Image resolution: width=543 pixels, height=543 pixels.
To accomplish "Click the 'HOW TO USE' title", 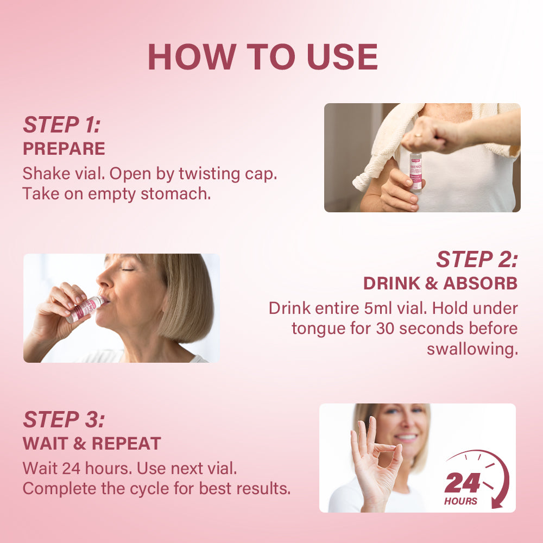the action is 263,57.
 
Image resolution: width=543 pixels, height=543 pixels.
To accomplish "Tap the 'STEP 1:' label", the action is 62,125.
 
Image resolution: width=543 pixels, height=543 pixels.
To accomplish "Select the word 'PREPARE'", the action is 64,149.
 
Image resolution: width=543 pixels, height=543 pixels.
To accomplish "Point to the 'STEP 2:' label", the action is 477,260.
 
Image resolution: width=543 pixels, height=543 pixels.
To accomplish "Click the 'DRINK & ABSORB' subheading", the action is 440,283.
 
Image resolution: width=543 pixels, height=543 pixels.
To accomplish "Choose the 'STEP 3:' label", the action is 64,419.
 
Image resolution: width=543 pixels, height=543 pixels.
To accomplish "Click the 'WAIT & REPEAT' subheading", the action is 92,443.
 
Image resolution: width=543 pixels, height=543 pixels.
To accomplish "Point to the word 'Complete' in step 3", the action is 59,489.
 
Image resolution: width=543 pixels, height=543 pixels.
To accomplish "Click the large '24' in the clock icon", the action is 462,483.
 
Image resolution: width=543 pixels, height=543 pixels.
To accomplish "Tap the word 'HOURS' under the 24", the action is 460,501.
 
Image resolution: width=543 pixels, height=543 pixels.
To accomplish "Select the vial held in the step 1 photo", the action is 415,173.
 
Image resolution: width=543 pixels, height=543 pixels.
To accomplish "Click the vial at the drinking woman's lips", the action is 85,309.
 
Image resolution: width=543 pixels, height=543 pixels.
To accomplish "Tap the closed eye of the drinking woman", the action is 128,269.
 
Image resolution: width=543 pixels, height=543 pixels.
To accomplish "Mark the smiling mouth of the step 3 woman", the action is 406,438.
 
